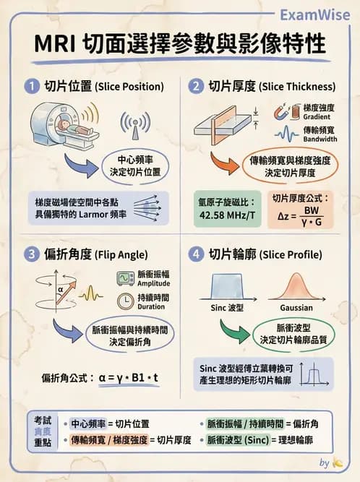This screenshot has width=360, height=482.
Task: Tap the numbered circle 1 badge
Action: pos(31,86)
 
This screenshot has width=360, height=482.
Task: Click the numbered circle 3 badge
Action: pos(31,254)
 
